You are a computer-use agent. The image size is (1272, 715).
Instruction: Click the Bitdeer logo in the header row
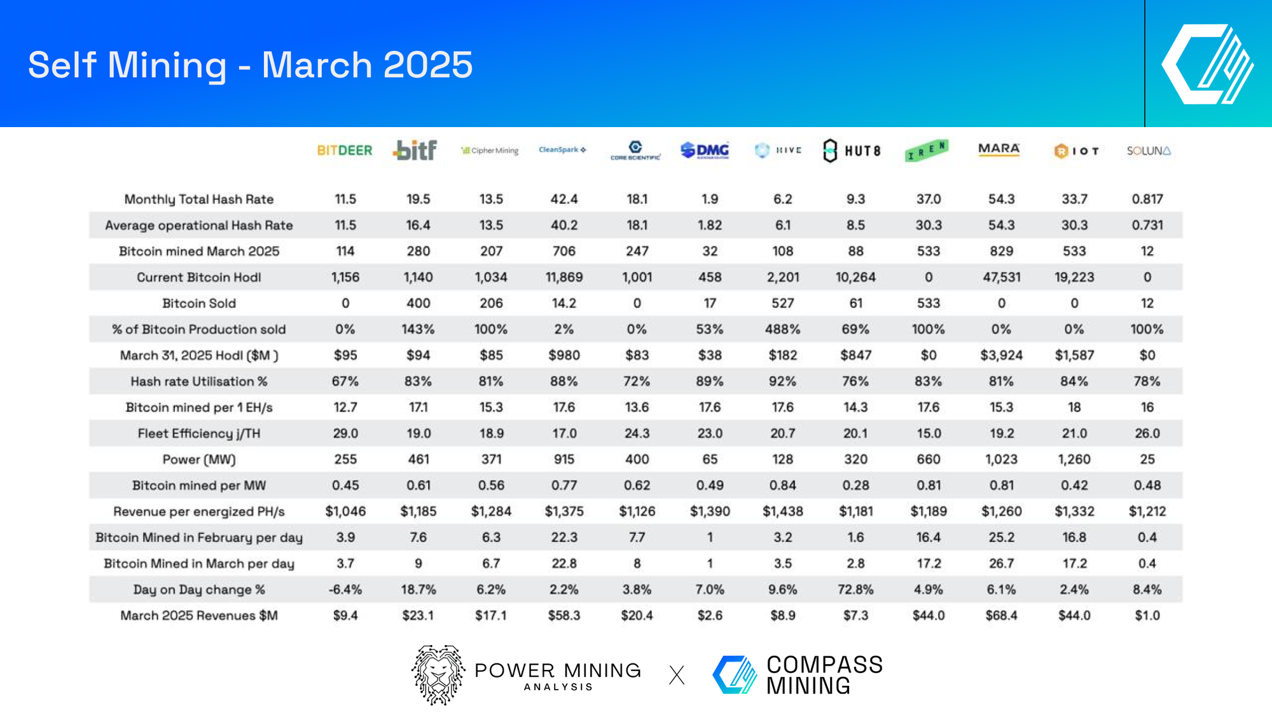click(x=345, y=151)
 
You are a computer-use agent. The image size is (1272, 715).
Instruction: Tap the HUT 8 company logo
click(x=852, y=151)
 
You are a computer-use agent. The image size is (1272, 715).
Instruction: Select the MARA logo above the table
click(x=999, y=149)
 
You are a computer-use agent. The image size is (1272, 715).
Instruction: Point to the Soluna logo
click(x=1148, y=151)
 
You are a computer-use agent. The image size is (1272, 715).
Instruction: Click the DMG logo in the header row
click(x=705, y=150)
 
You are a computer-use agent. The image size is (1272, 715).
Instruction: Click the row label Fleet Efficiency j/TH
click(x=199, y=433)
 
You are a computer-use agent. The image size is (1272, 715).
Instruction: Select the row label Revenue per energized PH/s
click(x=199, y=512)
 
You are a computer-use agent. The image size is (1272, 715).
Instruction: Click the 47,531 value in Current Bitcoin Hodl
click(x=1001, y=277)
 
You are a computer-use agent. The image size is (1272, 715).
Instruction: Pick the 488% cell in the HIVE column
click(x=782, y=329)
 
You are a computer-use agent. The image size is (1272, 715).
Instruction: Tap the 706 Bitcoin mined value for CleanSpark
click(x=563, y=251)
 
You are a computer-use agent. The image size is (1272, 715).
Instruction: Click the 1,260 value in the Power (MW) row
click(x=1074, y=460)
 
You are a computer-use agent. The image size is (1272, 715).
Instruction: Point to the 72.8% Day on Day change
click(x=855, y=590)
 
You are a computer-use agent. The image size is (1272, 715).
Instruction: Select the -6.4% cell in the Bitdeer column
click(x=345, y=590)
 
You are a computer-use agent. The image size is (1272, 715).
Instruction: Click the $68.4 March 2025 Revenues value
click(x=1001, y=616)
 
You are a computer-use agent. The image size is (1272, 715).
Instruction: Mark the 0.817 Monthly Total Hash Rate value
click(x=1147, y=199)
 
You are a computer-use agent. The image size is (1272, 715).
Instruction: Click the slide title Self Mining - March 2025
click(x=251, y=65)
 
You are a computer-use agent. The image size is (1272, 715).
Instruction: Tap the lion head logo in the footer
click(x=438, y=675)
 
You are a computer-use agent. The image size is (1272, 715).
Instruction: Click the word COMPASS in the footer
click(x=824, y=665)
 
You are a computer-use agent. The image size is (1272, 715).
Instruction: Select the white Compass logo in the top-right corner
click(x=1206, y=64)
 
